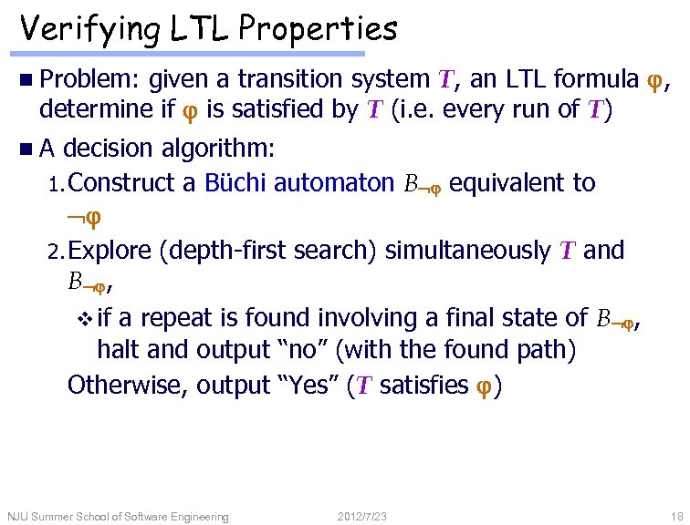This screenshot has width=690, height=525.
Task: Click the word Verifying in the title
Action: coord(85,30)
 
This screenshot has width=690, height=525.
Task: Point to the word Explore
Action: coord(109,250)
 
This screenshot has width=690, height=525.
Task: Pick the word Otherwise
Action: coord(126,386)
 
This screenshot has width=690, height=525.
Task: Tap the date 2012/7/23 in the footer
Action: coord(362,517)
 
